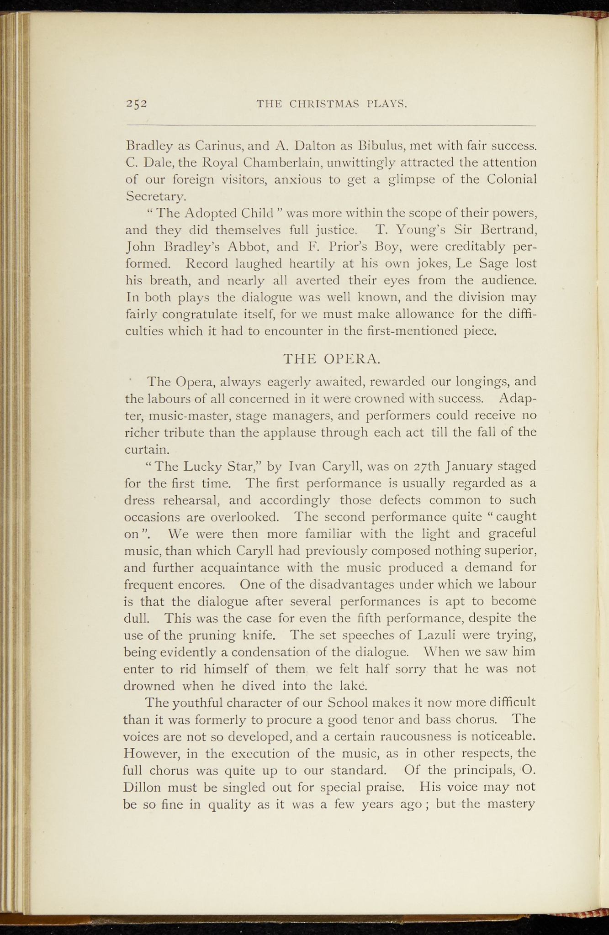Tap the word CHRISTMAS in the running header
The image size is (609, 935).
326,104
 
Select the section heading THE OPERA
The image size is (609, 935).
331,359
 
